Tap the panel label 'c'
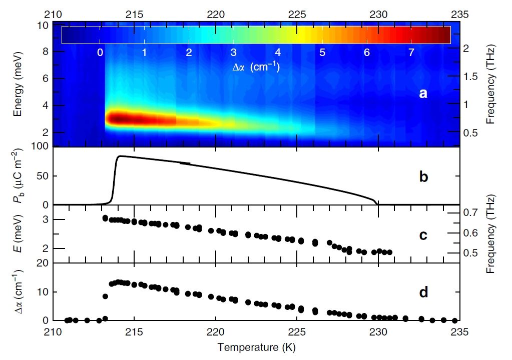[x=423, y=235]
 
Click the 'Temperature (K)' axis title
[x=256, y=345]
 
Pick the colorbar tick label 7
[x=411, y=52]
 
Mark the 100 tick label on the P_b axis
[x=40, y=146]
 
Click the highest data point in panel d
[x=119, y=282]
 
